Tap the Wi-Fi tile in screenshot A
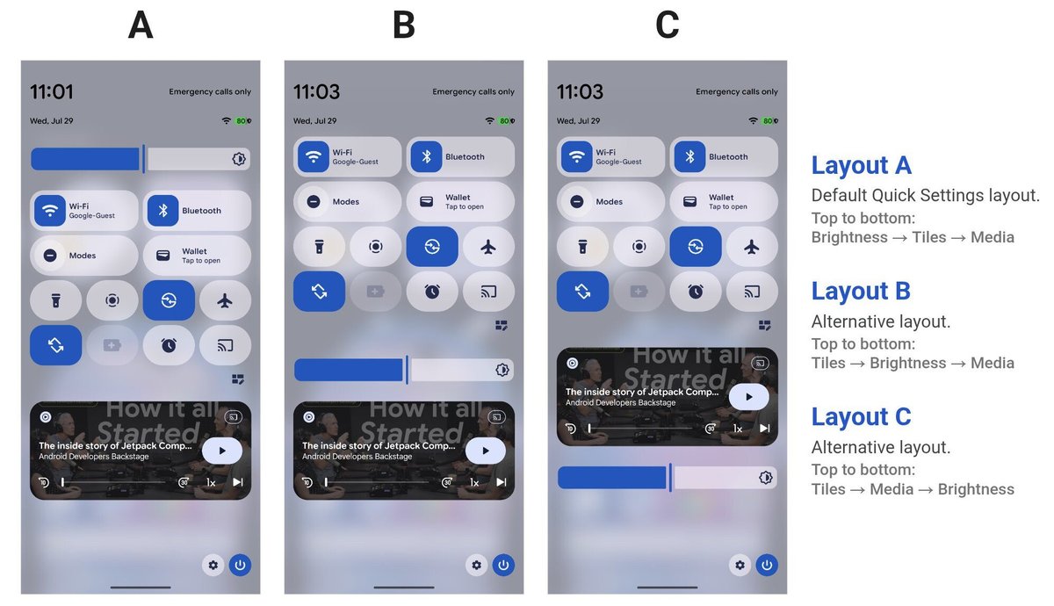pyautogui.click(x=83, y=210)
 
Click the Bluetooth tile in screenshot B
pyautogui.click(x=460, y=156)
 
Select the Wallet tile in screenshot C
pyautogui.click(x=724, y=201)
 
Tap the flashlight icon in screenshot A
pyautogui.click(x=55, y=300)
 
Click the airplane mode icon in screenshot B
pyautogui.click(x=488, y=247)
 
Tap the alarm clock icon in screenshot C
pyautogui.click(x=696, y=292)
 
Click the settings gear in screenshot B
pyautogui.click(x=476, y=565)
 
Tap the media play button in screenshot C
pyautogui.click(x=748, y=397)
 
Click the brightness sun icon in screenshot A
pyautogui.click(x=239, y=159)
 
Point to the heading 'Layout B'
pyautogui.click(x=861, y=291)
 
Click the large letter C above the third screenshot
pyautogui.click(x=668, y=25)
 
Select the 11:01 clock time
pyautogui.click(x=52, y=91)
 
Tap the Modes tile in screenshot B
pyautogui.click(x=347, y=201)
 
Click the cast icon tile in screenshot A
pyautogui.click(x=225, y=345)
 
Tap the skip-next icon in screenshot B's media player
pyautogui.click(x=502, y=482)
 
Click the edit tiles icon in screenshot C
pyautogui.click(x=765, y=325)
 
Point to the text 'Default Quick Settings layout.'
pyautogui.click(x=925, y=195)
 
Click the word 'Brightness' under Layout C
pyautogui.click(x=976, y=489)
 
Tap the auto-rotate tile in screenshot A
pyautogui.click(x=55, y=345)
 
